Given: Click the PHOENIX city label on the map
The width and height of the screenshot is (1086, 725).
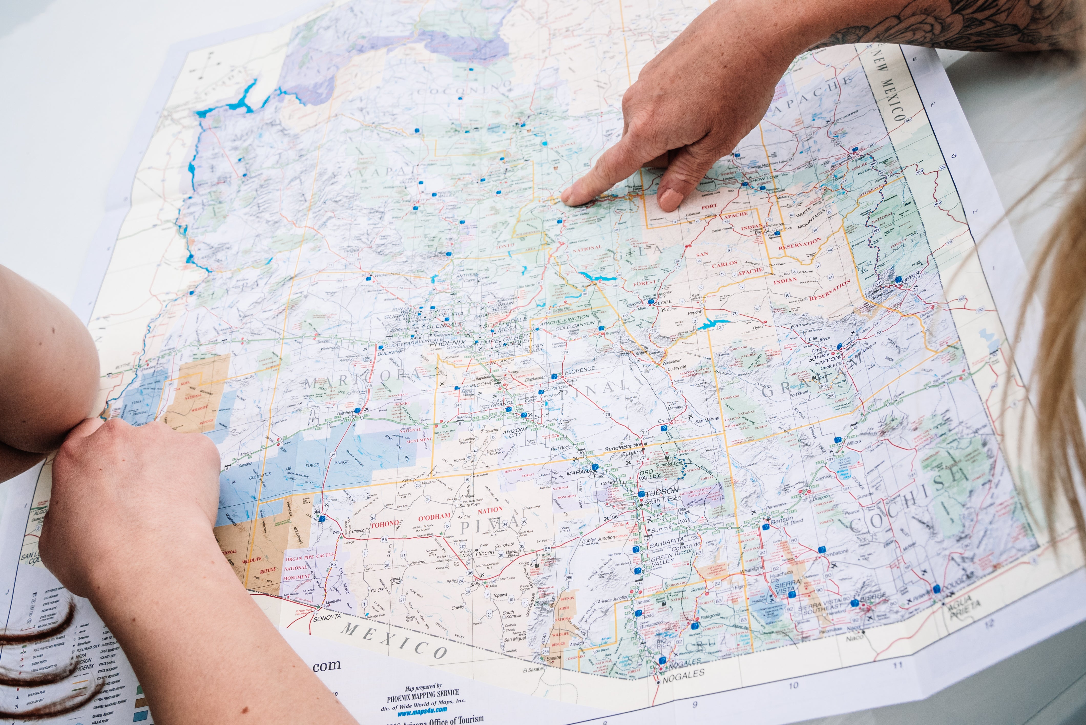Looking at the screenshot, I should coord(448,344).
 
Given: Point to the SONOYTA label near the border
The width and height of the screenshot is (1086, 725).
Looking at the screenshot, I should coord(327,618).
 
